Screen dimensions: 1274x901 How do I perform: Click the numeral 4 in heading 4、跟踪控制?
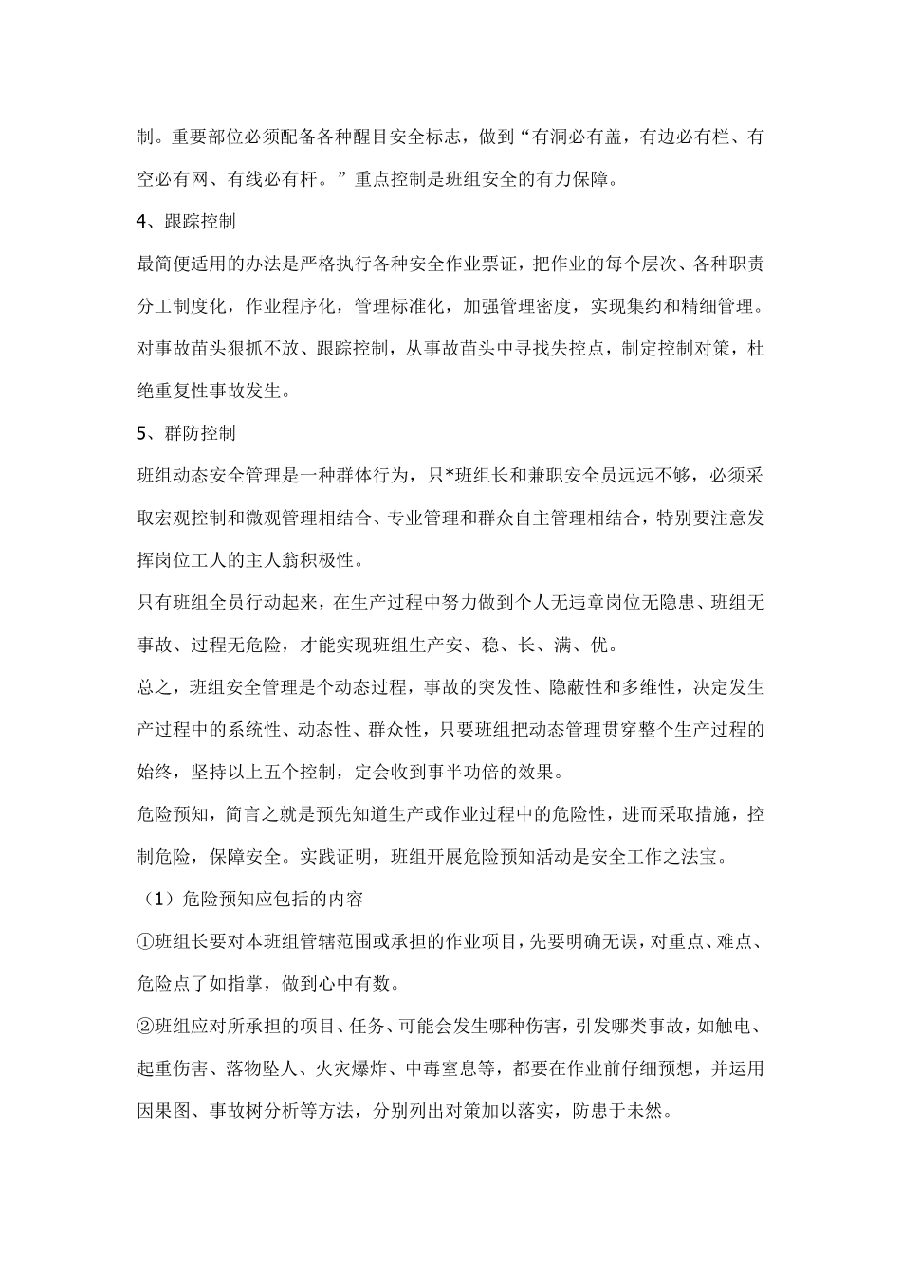click(142, 222)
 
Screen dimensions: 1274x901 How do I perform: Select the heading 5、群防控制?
click(186, 433)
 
